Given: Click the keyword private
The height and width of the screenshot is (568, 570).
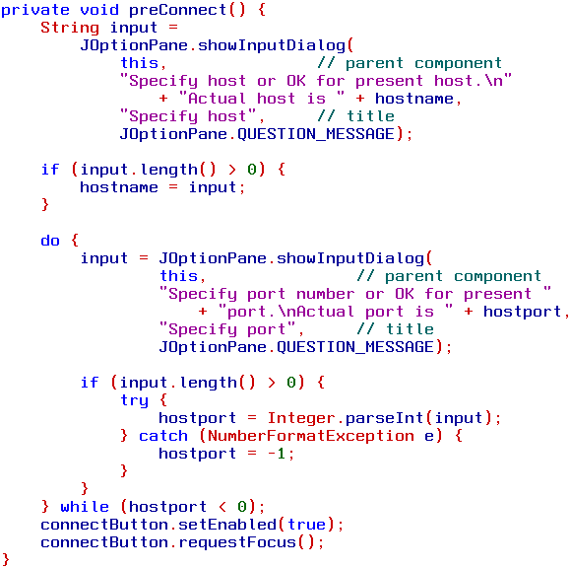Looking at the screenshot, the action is click(x=34, y=10).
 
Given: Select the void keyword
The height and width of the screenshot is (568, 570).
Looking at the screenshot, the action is click(x=99, y=10).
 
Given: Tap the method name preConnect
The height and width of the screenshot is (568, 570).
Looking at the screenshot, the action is click(x=178, y=10).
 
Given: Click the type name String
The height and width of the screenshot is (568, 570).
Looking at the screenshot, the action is click(x=70, y=28).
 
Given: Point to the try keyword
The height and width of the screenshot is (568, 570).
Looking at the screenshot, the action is click(x=134, y=400).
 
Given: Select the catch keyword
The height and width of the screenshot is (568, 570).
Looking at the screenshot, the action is click(x=163, y=436).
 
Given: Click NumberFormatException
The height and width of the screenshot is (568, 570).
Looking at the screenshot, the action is click(x=311, y=436).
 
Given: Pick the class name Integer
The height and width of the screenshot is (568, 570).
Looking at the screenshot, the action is click(x=301, y=418).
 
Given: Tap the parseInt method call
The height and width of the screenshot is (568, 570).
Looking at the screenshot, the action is click(x=384, y=418).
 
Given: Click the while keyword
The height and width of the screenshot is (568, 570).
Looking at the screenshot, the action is click(x=85, y=507).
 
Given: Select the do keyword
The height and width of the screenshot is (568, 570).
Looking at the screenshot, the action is click(x=50, y=241).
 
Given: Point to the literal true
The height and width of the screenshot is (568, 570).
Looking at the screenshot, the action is click(x=307, y=525).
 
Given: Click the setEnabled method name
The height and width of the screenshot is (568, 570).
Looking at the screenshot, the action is click(x=227, y=525).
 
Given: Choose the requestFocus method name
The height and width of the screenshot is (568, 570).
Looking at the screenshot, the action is click(x=237, y=542).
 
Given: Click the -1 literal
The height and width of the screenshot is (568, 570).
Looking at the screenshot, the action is click(x=277, y=454).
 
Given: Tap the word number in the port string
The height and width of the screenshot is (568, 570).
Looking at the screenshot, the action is click(x=325, y=294).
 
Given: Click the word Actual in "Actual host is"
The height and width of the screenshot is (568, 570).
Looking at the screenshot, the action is click(x=217, y=99).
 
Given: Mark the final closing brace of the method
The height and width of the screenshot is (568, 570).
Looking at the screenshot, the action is click(x=6, y=560).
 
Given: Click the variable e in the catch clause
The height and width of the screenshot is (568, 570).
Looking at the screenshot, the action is click(x=429, y=436).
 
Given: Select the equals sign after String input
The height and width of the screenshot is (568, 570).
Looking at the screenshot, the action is click(x=173, y=28).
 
